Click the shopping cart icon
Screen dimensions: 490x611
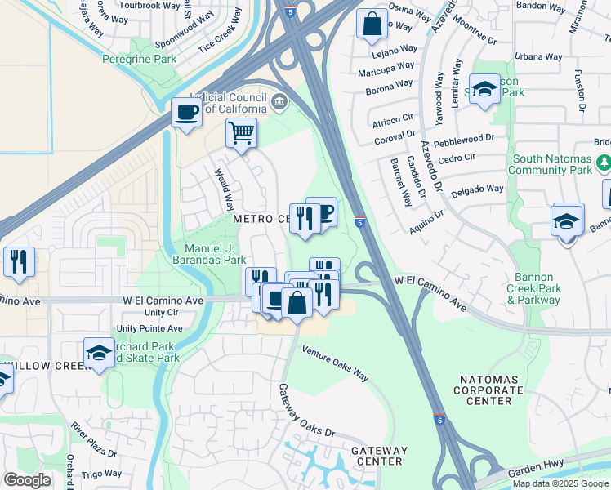pyautogui.click(x=241, y=132)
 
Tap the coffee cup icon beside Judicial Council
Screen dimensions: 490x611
pyautogui.click(x=186, y=113)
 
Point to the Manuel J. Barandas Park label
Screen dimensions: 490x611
pyautogui.click(x=215, y=254)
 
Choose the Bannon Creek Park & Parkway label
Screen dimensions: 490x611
pyautogui.click(x=533, y=294)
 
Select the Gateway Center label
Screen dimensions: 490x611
pyautogui.click(x=379, y=456)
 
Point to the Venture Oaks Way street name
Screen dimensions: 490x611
pyautogui.click(x=336, y=363)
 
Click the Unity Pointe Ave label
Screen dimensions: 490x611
pyautogui.click(x=149, y=328)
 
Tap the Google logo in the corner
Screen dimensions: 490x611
pyautogui.click(x=27, y=480)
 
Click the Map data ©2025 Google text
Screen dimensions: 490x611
pyautogui.click(x=560, y=483)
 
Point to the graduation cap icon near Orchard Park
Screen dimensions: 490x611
pyautogui.click(x=98, y=353)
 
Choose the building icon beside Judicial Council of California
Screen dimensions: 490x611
pyautogui.click(x=279, y=102)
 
